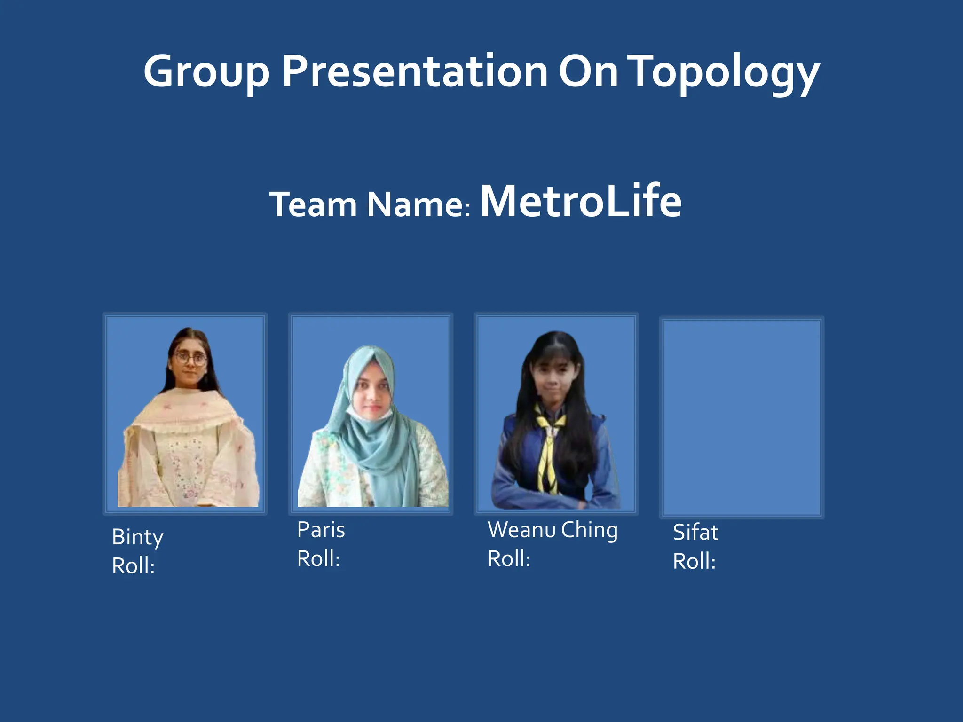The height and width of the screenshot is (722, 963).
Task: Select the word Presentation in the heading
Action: [414, 71]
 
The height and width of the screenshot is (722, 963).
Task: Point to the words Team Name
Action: [369, 205]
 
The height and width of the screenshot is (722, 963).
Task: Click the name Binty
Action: [137, 537]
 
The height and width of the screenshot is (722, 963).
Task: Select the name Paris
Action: [321, 530]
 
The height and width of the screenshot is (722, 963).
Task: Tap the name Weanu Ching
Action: [553, 530]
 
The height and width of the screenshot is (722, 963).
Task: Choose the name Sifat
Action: [695, 533]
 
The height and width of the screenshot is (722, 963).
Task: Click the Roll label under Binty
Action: [133, 565]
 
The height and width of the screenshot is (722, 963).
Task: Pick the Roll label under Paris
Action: [318, 559]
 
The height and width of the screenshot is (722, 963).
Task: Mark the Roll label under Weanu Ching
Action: [509, 559]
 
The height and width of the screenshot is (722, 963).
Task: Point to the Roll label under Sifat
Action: [694, 561]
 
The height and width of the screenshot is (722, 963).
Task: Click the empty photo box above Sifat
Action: [742, 417]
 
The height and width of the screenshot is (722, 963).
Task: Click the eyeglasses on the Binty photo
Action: [190, 359]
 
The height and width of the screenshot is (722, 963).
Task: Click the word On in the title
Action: [588, 71]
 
